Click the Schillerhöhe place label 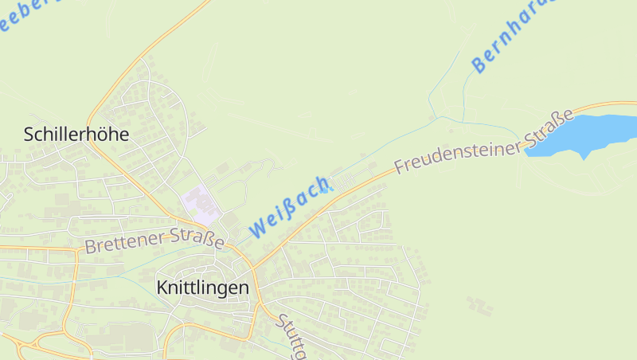[76, 134]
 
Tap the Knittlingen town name [203, 288]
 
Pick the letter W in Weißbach [258, 229]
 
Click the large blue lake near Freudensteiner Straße [590, 132]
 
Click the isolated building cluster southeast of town [479, 305]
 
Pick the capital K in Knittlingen [163, 288]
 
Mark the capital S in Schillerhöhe [29, 134]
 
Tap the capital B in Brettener [89, 248]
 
